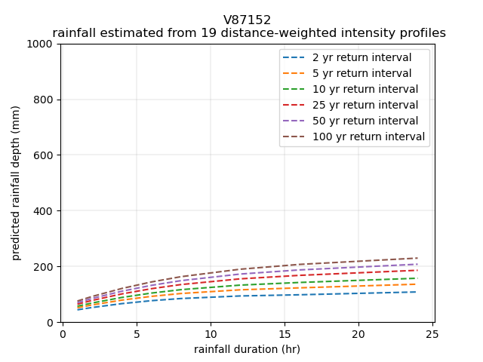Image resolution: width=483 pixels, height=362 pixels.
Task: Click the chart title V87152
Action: [247, 20]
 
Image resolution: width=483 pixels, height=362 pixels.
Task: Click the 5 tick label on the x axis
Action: [137, 333]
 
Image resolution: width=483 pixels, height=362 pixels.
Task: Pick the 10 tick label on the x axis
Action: [211, 333]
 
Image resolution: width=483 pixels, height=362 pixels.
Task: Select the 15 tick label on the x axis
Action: [285, 333]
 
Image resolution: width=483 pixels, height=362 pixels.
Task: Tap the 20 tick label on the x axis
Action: [358, 333]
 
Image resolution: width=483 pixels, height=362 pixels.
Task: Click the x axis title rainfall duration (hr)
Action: [247, 348]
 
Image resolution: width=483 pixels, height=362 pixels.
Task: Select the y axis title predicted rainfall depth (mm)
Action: [16, 183]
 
